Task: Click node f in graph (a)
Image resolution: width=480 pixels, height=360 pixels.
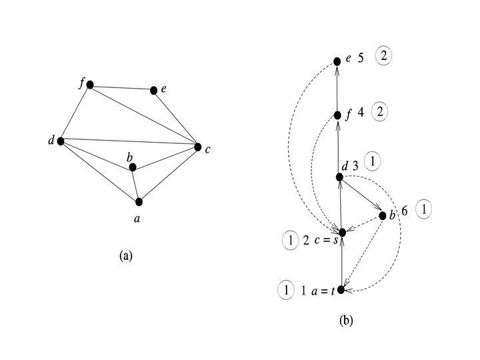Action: pos(89,85)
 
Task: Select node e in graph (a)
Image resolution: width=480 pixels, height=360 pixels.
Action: pos(154,90)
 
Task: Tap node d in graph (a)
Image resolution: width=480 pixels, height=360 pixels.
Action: pos(60,141)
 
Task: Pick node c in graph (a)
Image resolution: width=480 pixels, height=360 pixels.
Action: pos(197,147)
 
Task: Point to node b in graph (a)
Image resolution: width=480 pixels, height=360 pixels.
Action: pos(133,167)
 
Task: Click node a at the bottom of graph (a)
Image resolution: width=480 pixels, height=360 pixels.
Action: pos(139,201)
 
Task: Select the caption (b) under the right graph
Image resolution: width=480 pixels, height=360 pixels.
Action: pos(346,321)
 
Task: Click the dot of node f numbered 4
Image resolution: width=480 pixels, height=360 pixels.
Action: pos(339,113)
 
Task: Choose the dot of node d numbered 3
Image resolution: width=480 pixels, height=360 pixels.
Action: pos(339,177)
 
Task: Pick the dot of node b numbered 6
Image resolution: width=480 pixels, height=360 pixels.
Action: pos(382,215)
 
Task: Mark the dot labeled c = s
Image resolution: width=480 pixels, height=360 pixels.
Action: pos(342,232)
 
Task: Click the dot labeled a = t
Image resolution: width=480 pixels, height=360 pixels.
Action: pos(341,289)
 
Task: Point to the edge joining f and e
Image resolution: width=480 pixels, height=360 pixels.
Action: pos(122,87)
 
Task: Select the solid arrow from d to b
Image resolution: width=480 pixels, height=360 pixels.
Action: pos(361,196)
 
